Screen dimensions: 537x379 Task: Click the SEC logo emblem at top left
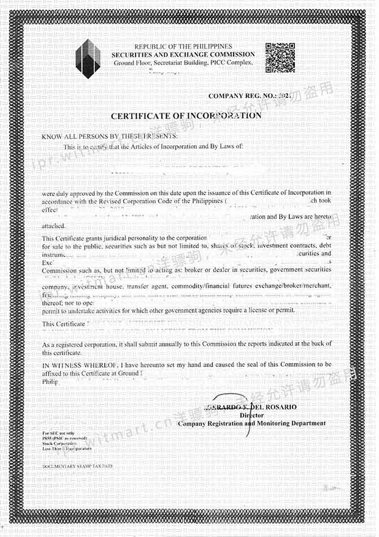pyautogui.click(x=88, y=58)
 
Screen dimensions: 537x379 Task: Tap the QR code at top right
pyautogui.click(x=280, y=58)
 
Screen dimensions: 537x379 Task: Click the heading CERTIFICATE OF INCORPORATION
pyautogui.click(x=186, y=116)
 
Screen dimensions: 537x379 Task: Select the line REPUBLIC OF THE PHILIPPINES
pyautogui.click(x=183, y=46)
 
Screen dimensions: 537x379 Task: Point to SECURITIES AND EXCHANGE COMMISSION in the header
pyautogui.click(x=183, y=54)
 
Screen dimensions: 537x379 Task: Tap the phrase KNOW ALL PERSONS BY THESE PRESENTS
pyautogui.click(x=110, y=137)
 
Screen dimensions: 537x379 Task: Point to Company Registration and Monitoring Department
pyautogui.click(x=251, y=424)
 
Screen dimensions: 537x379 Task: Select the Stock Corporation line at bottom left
pyautogui.click(x=59, y=444)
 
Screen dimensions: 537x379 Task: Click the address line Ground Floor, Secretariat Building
pyautogui.click(x=184, y=63)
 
